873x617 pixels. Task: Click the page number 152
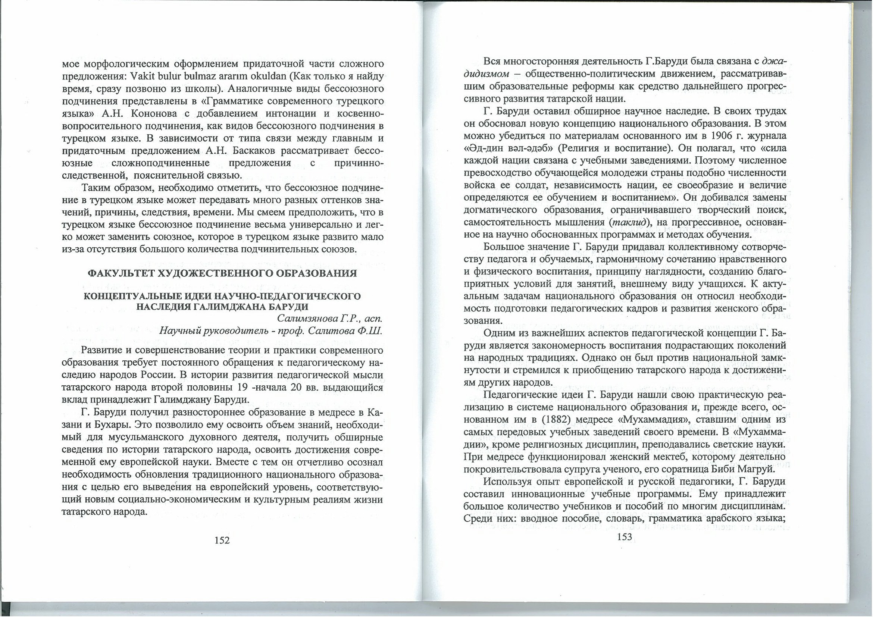tap(222, 540)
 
